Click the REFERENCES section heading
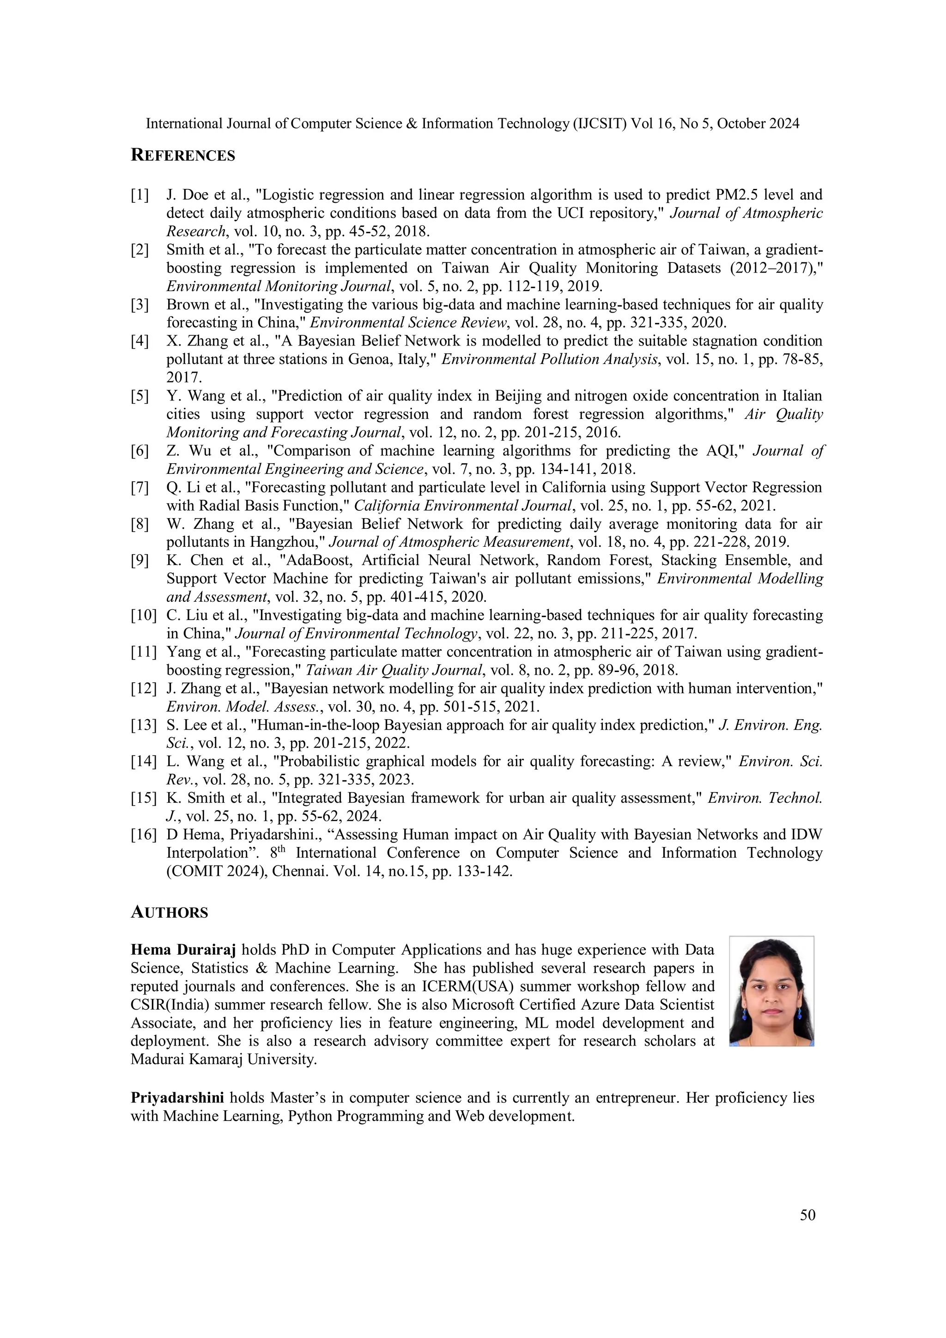pos(182,155)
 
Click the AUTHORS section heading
pos(169,912)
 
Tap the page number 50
pos(807,1215)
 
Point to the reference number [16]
pos(143,835)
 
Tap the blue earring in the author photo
pos(744,1015)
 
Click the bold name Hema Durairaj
pos(183,950)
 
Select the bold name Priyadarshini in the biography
pos(177,1098)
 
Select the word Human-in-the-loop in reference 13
pos(322,726)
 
